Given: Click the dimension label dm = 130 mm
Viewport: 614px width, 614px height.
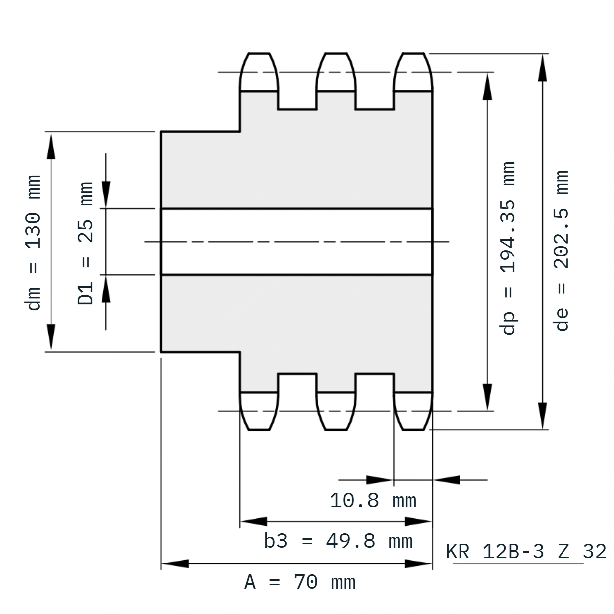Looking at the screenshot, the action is (x=33, y=243).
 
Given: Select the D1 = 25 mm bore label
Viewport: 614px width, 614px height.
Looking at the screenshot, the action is (x=85, y=243).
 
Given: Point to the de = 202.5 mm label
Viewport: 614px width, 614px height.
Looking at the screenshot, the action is (x=561, y=251).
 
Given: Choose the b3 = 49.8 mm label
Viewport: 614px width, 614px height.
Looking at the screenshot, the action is (x=338, y=541).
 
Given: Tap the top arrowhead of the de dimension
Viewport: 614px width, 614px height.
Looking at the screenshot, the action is (x=542, y=67).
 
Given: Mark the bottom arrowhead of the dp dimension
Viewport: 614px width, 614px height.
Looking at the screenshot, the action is (x=487, y=397).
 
